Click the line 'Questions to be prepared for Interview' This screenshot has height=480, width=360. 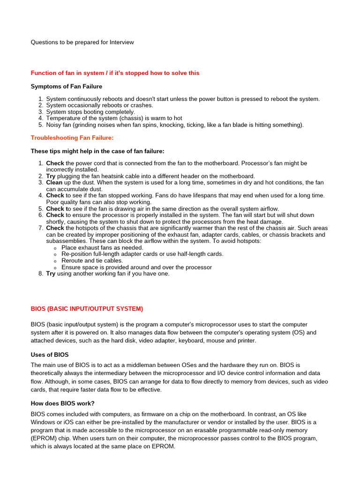click(82, 42)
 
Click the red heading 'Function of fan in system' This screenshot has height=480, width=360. click(115, 73)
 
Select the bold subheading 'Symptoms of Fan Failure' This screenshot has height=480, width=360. click(66, 86)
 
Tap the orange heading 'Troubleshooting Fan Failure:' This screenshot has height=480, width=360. click(72, 138)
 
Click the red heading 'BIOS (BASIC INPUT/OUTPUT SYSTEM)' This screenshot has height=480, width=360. click(87, 309)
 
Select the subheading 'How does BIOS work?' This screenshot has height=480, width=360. click(62, 403)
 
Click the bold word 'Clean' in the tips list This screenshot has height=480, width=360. click(54, 182)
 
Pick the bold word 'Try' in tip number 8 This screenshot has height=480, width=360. click(51, 274)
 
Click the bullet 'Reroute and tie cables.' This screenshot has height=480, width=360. click(92, 261)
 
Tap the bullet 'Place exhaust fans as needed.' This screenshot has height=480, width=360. click(102, 247)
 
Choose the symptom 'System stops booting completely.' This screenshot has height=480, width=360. click(90, 112)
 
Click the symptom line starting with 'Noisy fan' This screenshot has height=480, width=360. click(175, 125)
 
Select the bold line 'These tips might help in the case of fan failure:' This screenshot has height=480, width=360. click(97, 151)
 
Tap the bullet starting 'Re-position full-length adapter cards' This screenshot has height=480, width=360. click(142, 254)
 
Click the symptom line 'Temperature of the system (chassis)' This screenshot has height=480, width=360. click(114, 118)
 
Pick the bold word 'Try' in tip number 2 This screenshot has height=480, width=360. click(51, 176)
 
